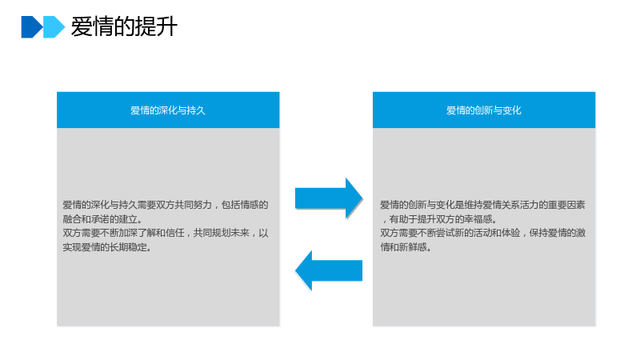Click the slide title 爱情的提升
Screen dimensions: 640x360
124,27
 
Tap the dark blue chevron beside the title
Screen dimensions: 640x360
32,27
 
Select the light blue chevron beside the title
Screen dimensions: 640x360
54,27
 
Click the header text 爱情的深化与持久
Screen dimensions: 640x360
168,110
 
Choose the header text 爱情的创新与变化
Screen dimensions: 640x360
484,110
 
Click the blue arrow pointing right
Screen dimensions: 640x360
329,198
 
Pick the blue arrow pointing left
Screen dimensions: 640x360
329,270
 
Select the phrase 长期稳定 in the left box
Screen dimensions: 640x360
128,247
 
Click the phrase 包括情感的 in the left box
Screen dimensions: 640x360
245,205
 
